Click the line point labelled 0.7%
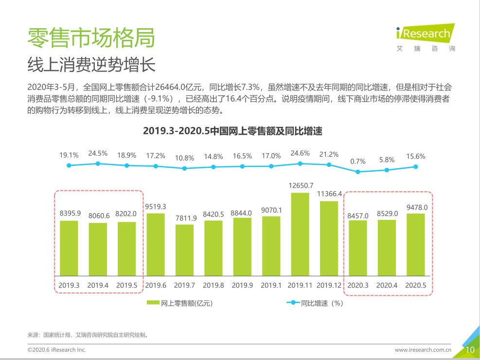point(358,172)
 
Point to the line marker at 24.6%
point(300,163)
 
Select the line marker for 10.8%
point(184,168)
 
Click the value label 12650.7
point(301,185)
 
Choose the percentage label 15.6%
point(416,157)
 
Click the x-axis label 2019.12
point(329,286)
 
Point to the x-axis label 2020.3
point(358,286)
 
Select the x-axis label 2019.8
point(213,286)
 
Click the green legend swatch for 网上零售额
point(153,303)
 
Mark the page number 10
point(470,350)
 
